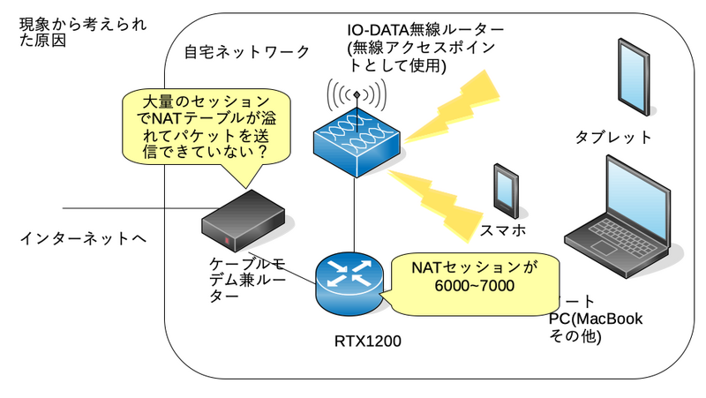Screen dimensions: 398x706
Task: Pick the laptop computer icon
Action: click(x=618, y=212)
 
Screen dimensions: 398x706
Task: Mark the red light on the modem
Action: click(x=227, y=242)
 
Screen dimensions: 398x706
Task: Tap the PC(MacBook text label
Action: click(x=596, y=319)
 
